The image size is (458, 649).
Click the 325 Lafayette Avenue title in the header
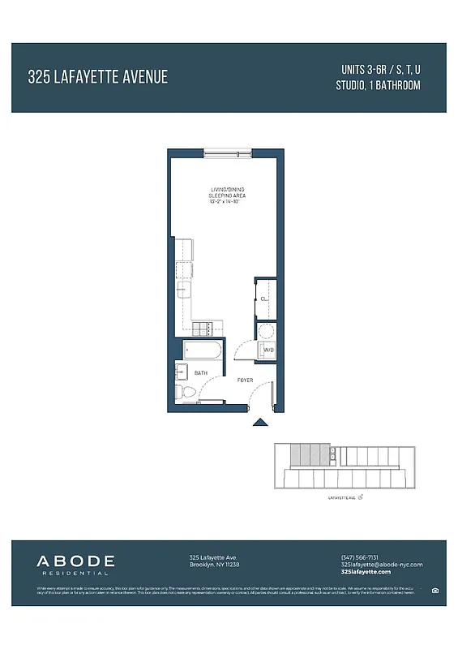tap(98, 78)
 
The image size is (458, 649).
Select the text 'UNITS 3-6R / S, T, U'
tap(379, 69)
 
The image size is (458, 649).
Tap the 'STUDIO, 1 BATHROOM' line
tap(379, 85)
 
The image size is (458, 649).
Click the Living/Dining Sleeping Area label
tap(227, 196)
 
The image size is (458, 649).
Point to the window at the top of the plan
tap(227, 152)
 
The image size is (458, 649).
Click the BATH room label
tap(200, 372)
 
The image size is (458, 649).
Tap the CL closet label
tap(263, 299)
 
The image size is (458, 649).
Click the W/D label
tap(268, 350)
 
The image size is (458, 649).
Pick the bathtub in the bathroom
tap(203, 351)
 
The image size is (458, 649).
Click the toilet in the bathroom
tap(187, 393)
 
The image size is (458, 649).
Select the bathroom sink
tap(181, 372)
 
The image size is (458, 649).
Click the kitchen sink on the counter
tap(184, 288)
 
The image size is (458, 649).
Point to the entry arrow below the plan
tap(260, 421)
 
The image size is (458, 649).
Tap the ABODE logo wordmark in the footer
tap(75, 561)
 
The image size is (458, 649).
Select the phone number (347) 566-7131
tap(360, 557)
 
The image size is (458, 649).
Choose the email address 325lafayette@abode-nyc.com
tap(382, 565)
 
